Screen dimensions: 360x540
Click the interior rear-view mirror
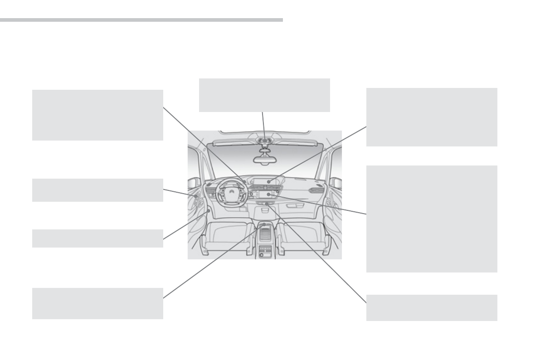[x=264, y=159]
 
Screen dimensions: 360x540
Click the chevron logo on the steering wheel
[x=232, y=195]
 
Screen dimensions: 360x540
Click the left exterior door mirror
[x=193, y=183]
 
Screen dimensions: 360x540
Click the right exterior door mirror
[x=336, y=183]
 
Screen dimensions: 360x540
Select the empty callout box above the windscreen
[x=264, y=95]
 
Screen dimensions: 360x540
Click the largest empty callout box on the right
[x=431, y=219]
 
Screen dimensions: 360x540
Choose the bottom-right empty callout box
[x=431, y=307]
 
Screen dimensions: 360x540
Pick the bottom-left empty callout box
[x=97, y=303]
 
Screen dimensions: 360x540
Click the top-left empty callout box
[x=97, y=115]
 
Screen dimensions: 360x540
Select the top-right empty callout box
[x=431, y=117]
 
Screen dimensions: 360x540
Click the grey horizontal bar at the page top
[x=141, y=20]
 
